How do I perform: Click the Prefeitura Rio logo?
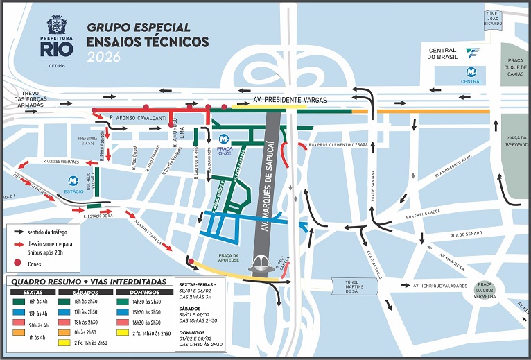[x=55, y=39]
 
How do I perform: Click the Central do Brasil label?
[x=442, y=53]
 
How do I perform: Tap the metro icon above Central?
[x=471, y=71]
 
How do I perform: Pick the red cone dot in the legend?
[x=19, y=264]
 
